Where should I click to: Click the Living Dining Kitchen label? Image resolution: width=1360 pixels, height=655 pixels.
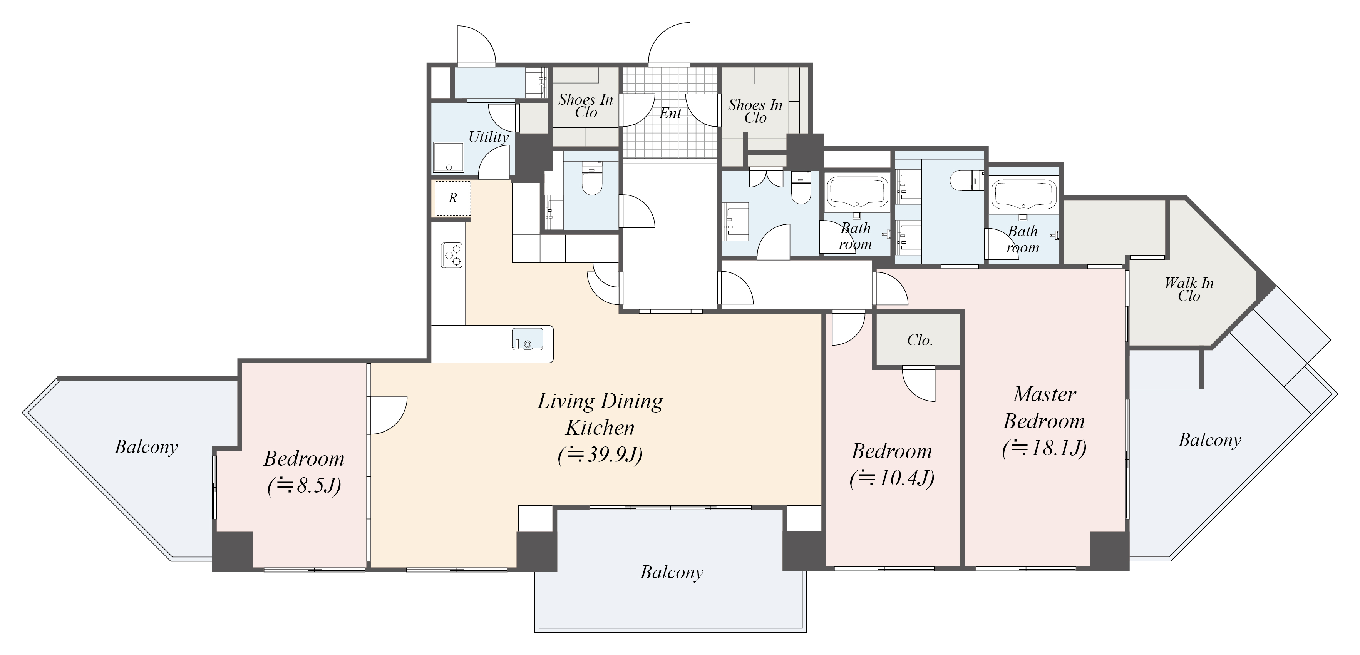point(600,415)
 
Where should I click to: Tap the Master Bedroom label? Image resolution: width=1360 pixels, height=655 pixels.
point(1044,408)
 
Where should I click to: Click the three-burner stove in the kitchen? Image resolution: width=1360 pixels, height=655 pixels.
point(452,256)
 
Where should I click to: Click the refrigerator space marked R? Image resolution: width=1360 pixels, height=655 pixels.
point(452,198)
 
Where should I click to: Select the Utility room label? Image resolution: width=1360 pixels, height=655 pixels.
point(489,137)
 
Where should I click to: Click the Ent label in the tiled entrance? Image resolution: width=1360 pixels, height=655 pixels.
point(670,113)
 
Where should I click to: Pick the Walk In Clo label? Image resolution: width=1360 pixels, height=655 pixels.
point(1189,289)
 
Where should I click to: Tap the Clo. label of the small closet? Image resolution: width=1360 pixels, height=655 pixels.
point(920,340)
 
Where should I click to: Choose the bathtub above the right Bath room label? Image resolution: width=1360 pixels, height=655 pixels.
point(1023,195)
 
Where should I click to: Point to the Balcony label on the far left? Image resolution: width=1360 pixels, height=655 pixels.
point(146,447)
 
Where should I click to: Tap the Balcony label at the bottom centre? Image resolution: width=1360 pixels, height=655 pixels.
point(672,572)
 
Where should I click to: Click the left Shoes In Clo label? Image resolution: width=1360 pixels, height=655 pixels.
point(586,105)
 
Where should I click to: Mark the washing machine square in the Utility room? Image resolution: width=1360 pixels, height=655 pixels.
point(448,157)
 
